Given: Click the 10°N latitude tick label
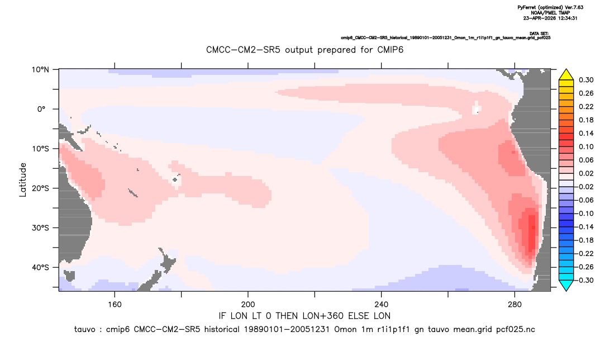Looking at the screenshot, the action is coord(40,70).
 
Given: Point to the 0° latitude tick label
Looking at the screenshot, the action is coord(42,109).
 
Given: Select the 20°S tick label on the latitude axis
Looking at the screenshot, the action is coord(40,188).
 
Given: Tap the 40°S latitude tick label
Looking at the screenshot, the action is coord(40,267).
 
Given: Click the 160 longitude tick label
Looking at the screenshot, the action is coord(115,305).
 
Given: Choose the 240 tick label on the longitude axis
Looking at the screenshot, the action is coord(382,305).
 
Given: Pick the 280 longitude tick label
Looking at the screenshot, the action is coord(515,305).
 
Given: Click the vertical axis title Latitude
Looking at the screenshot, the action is coord(23,180).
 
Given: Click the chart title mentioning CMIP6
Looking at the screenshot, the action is coord(304,50).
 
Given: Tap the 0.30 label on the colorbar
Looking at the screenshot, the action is coord(586,80).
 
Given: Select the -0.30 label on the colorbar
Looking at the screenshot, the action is coord(584,280).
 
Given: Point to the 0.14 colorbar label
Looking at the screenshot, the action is coord(586,133).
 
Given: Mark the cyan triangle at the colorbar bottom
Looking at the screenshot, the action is coord(566,285).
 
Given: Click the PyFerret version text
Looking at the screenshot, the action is coord(550,7).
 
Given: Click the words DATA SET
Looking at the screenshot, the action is coord(539,34).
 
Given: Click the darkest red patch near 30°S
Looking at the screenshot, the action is coord(532,233).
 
